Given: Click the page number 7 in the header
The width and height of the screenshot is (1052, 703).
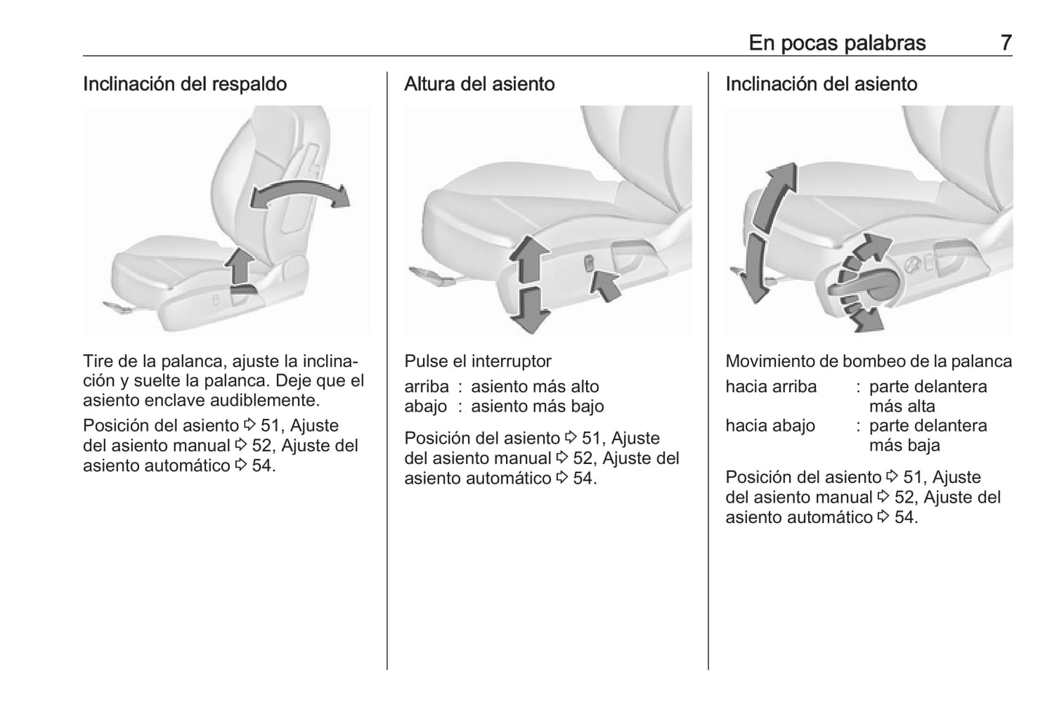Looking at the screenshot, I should (1005, 43).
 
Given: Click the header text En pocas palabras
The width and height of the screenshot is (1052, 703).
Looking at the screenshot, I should (837, 43).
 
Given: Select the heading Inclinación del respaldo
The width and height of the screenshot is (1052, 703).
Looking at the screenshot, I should (184, 84).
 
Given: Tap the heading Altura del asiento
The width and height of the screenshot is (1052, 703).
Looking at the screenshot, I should (479, 84).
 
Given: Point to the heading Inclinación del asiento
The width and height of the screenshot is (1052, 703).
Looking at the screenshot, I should (820, 84).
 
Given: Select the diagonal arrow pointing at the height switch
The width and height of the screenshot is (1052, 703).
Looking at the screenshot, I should (606, 284).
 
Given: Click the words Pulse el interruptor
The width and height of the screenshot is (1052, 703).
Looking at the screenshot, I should (478, 361).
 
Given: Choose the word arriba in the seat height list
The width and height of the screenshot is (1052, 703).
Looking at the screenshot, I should (427, 387).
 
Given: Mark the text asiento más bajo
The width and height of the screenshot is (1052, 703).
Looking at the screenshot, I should (537, 407).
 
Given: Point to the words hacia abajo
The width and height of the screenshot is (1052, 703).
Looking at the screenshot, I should (770, 426).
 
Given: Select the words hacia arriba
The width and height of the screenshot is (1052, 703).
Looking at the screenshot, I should (771, 387).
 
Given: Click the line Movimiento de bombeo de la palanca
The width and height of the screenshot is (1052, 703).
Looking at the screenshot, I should (868, 361).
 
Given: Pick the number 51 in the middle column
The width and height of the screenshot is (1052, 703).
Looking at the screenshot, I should (590, 439).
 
